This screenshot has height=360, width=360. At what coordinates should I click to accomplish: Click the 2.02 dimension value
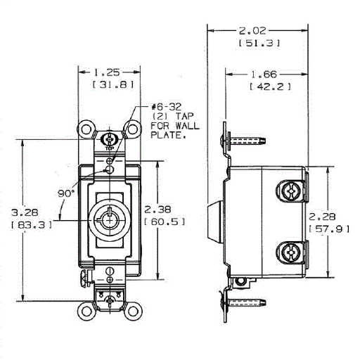[252, 31]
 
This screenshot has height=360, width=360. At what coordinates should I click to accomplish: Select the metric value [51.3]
[259, 43]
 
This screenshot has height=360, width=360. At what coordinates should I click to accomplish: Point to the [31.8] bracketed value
[113, 84]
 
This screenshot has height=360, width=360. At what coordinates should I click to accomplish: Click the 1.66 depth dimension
[264, 75]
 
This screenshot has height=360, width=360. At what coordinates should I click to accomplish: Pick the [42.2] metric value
[270, 86]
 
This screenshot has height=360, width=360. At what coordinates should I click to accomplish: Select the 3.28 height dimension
[25, 212]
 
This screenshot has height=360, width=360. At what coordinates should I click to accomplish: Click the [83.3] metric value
[31, 225]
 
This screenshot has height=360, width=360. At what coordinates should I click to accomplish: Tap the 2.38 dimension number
[157, 210]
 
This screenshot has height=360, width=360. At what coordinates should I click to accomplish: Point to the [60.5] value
[165, 221]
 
